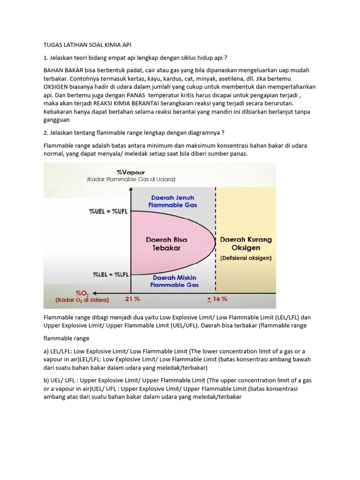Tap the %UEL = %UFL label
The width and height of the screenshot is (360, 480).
pyautogui.click(x=109, y=211)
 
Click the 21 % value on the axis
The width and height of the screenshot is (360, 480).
pyautogui.click(x=132, y=299)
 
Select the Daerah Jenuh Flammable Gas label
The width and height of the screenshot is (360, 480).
pyautogui.click(x=172, y=201)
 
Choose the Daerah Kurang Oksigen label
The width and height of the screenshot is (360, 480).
pyautogui.click(x=246, y=243)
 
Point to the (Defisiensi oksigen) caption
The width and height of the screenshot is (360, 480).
pyautogui.click(x=246, y=258)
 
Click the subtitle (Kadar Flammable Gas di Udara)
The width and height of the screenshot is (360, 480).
pyautogui.click(x=131, y=179)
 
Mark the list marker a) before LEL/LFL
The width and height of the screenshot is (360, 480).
pyautogui.click(x=46, y=351)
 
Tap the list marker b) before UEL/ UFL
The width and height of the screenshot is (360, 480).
pyautogui.click(x=46, y=381)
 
